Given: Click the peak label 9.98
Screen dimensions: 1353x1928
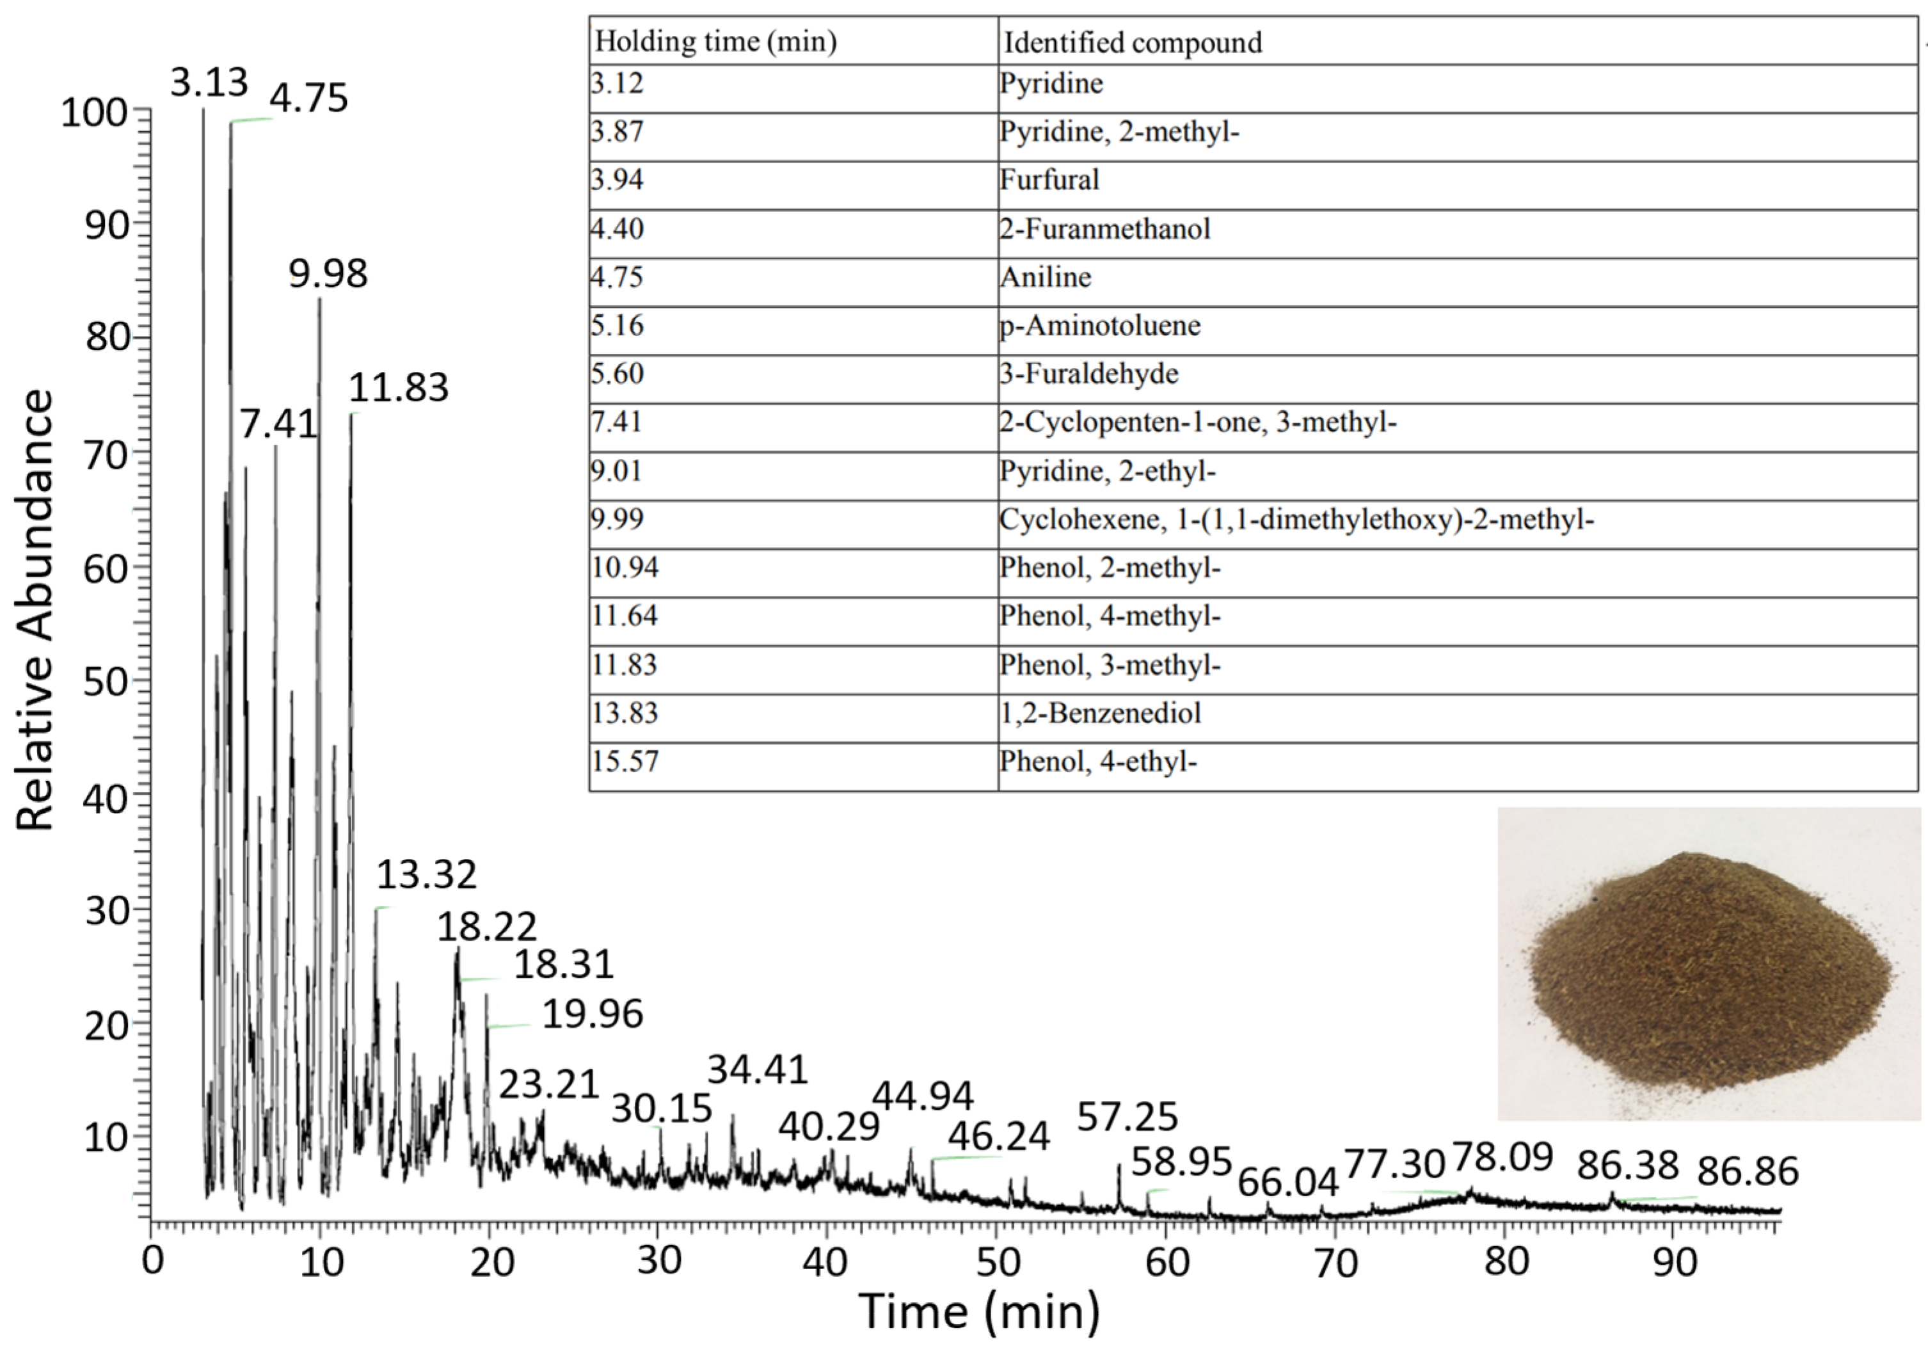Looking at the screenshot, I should point(328,275).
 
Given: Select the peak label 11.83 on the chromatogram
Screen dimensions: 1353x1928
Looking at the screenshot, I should point(398,388).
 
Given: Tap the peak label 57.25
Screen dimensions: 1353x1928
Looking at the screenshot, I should point(1127,1117).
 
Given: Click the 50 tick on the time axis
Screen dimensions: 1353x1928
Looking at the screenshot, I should point(998,1262).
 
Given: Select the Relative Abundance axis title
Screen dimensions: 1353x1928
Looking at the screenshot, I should point(35,611).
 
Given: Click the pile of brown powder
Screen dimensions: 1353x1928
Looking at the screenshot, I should point(1709,974).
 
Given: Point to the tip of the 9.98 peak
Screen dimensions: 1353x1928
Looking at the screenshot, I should point(320,299).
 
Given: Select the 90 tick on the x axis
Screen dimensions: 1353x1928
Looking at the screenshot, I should point(1675,1262).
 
